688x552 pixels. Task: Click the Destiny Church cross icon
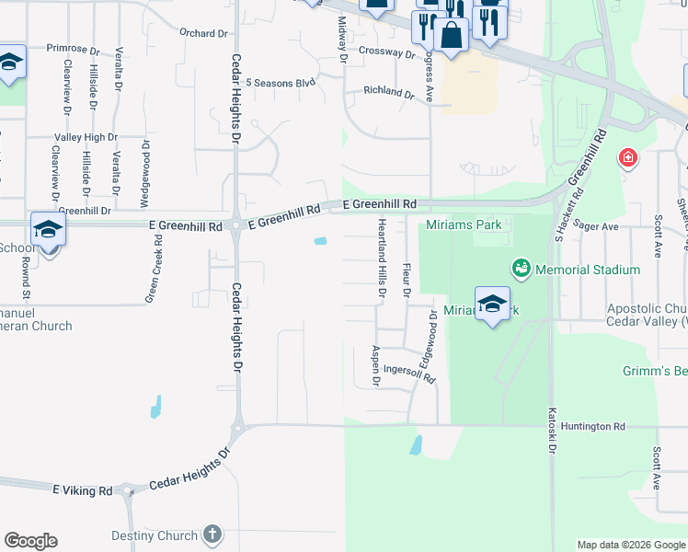coord(212,535)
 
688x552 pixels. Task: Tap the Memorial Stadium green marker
coord(522,269)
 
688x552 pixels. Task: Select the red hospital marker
coord(629,158)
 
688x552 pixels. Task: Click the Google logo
coord(30,542)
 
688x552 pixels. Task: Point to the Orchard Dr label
coord(203,34)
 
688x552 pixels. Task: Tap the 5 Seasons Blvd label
coord(281,83)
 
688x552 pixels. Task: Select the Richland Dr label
coord(389,92)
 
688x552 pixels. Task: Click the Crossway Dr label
coord(387,53)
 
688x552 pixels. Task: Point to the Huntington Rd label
coord(593,427)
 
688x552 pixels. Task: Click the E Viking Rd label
coord(83,491)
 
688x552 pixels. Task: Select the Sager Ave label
coord(591,224)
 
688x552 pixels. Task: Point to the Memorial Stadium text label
coord(588,270)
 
